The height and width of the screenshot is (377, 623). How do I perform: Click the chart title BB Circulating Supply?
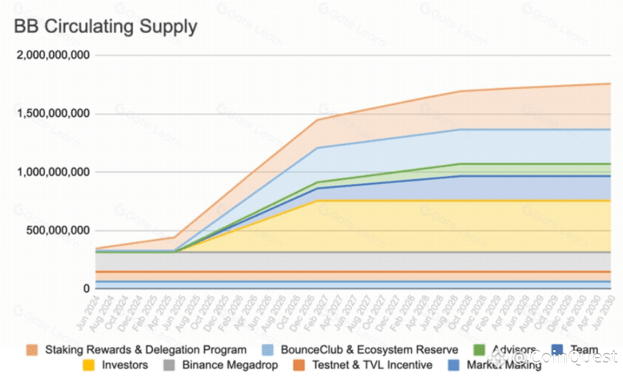coord(105,27)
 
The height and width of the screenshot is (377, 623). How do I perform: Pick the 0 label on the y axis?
coord(86,289)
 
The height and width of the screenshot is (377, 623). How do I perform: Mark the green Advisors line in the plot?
coord(515,163)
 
